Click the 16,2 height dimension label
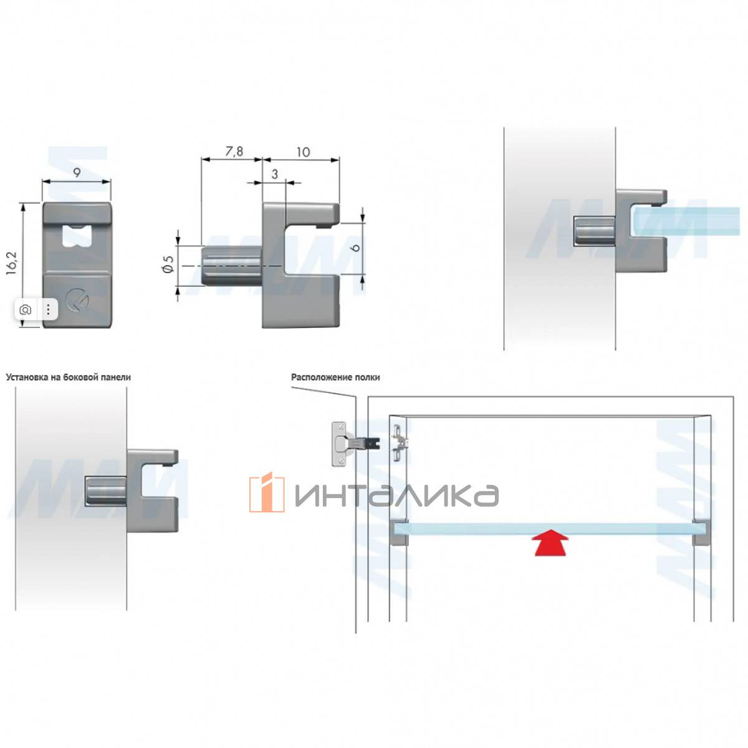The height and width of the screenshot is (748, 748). coord(12,264)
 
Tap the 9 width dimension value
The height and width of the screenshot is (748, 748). coord(77,173)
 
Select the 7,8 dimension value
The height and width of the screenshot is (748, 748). coord(234,151)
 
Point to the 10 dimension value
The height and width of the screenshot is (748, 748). coord(303,152)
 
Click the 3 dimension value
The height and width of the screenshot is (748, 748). coord(275,175)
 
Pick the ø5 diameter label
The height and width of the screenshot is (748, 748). coord(168,265)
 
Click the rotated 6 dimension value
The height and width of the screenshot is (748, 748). coord(356,247)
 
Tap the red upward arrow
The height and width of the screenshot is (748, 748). coord(551,544)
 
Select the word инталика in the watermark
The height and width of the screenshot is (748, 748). coord(396,496)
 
